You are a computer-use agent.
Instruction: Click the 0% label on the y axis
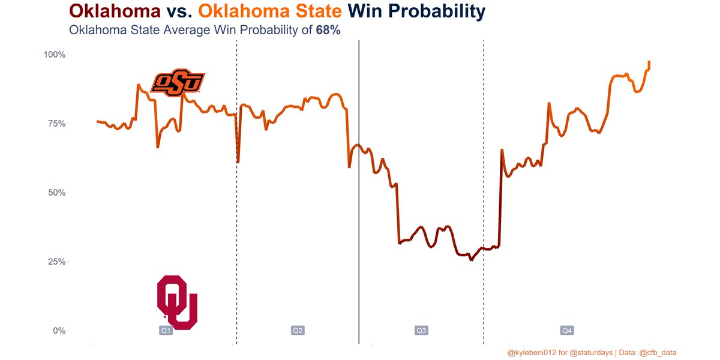(58, 331)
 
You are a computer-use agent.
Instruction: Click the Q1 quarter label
(166, 331)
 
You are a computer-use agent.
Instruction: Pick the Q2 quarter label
(298, 331)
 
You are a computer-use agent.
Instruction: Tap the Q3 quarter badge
(421, 331)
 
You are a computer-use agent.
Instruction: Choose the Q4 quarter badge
(566, 331)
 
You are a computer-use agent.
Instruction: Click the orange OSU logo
(178, 83)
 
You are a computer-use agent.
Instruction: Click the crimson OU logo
(177, 302)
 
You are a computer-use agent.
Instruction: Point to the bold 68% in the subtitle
(328, 30)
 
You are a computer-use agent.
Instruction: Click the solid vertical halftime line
(359, 240)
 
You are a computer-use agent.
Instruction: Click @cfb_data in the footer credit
(658, 352)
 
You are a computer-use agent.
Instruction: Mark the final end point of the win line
(649, 62)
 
